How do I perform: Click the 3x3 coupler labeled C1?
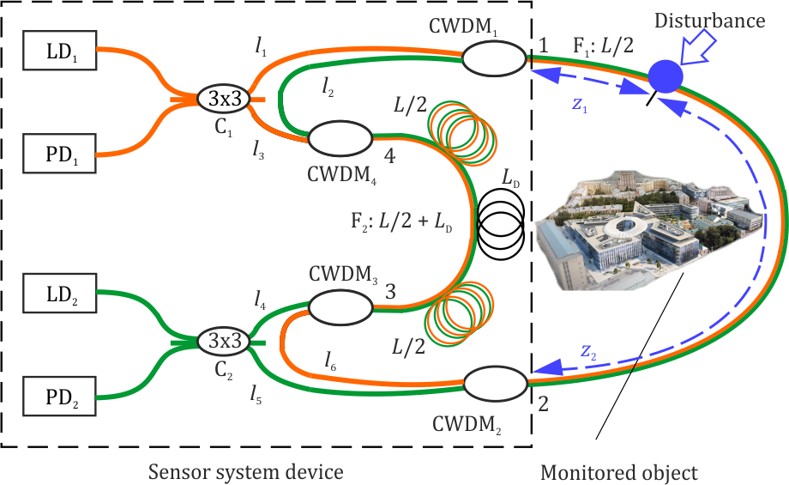click(x=224, y=100)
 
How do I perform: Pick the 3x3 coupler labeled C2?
click(x=224, y=341)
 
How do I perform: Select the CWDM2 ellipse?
click(x=495, y=380)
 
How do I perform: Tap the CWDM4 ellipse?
click(x=340, y=136)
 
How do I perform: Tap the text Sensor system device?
click(x=246, y=471)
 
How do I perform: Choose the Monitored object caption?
click(x=619, y=471)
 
